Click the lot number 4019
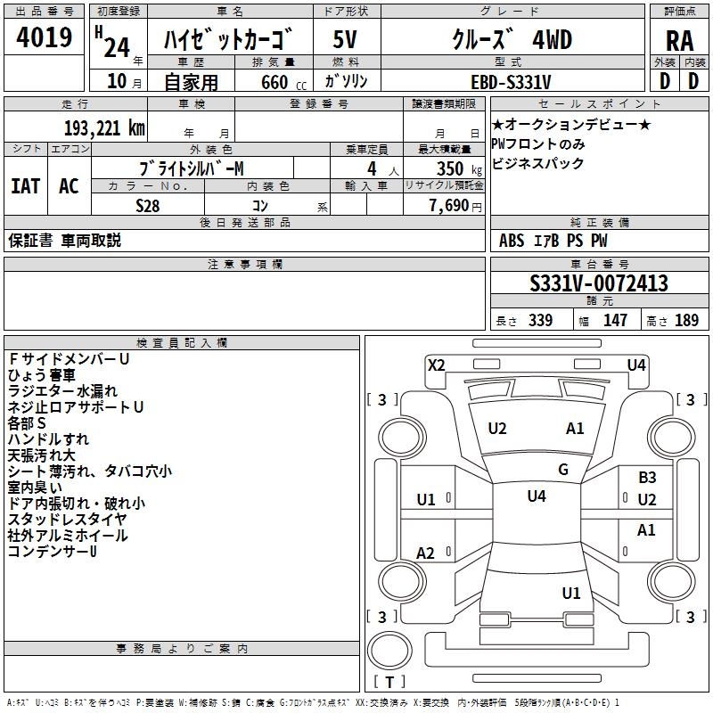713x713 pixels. (45, 39)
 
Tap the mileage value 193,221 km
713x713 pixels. (104, 127)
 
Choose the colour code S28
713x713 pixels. (149, 205)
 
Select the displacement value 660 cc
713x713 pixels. (273, 82)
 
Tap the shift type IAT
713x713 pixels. (25, 186)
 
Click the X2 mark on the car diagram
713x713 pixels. (436, 364)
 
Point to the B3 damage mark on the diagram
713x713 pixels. (647, 478)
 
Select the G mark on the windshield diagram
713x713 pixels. (562, 470)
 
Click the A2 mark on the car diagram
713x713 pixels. (426, 553)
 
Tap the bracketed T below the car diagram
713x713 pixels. (389, 682)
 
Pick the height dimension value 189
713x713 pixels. (686, 321)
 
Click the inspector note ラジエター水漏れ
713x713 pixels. (62, 390)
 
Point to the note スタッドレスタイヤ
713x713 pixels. (67, 519)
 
